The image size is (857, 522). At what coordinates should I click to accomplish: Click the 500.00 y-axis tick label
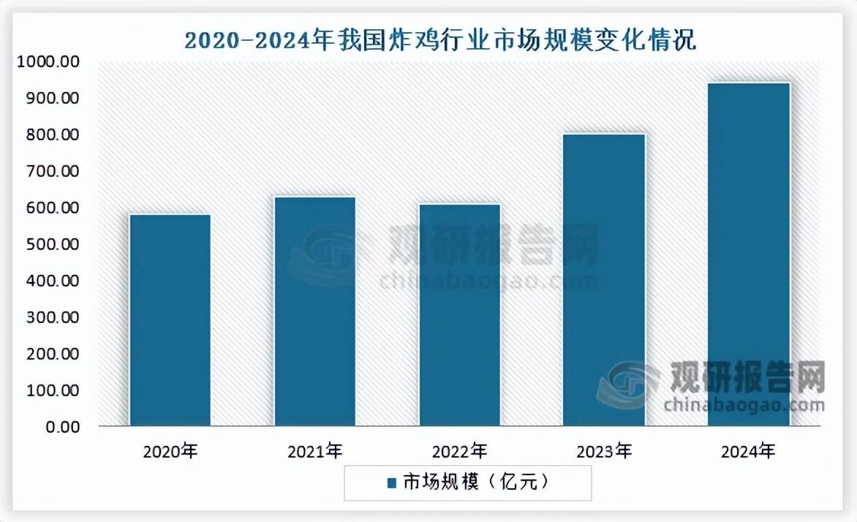point(50,245)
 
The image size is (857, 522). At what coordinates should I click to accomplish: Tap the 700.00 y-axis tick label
point(50,172)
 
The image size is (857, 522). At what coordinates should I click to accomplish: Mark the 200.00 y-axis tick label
point(50,355)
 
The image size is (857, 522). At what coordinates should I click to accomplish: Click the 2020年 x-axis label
point(170,452)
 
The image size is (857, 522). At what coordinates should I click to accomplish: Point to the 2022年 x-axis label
point(460,452)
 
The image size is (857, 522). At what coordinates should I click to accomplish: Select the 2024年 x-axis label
point(749,452)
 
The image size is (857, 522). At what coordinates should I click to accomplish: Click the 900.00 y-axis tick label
point(50,99)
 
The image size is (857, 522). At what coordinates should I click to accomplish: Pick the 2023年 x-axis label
point(605,452)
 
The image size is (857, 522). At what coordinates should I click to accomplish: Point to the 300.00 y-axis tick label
point(50,318)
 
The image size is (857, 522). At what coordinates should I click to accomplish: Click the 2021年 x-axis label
point(315,452)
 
